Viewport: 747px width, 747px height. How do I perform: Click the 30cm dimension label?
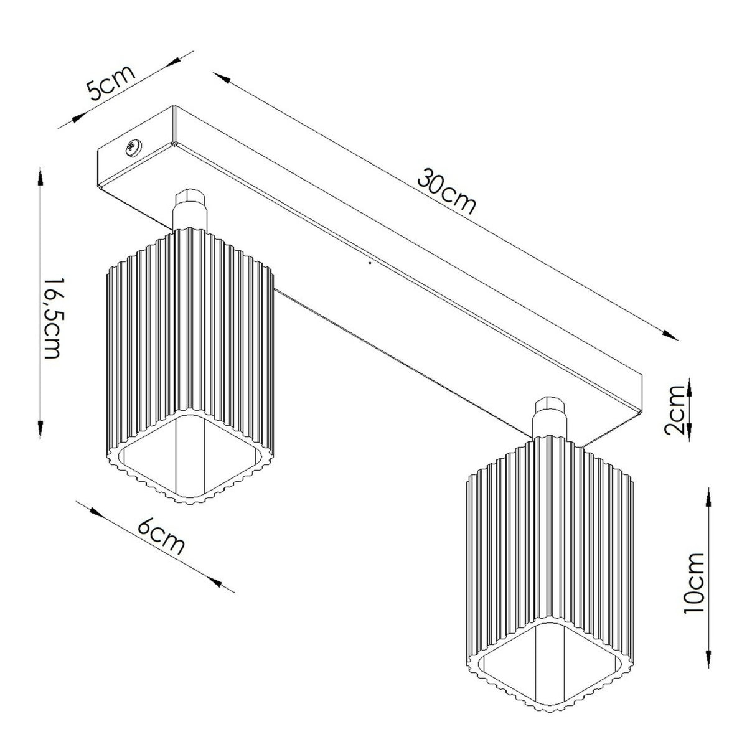[446, 191]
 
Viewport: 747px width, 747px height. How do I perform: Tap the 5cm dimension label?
[110, 83]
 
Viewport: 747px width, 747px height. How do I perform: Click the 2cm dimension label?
[675, 416]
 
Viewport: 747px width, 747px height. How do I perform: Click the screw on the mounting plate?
[133, 148]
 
